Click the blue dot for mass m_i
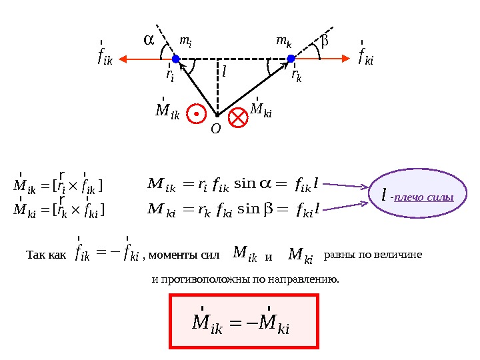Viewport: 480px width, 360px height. [176, 59]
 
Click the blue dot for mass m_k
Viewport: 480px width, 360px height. [291, 59]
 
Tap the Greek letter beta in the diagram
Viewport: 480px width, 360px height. [325, 41]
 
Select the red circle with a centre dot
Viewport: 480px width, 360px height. [196, 114]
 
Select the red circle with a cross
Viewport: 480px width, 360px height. [237, 118]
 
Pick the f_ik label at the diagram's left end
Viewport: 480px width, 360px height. [105, 57]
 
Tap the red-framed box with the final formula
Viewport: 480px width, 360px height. [245, 322]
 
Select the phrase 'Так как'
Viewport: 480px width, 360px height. [46, 255]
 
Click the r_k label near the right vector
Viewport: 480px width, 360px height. [297, 75]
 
